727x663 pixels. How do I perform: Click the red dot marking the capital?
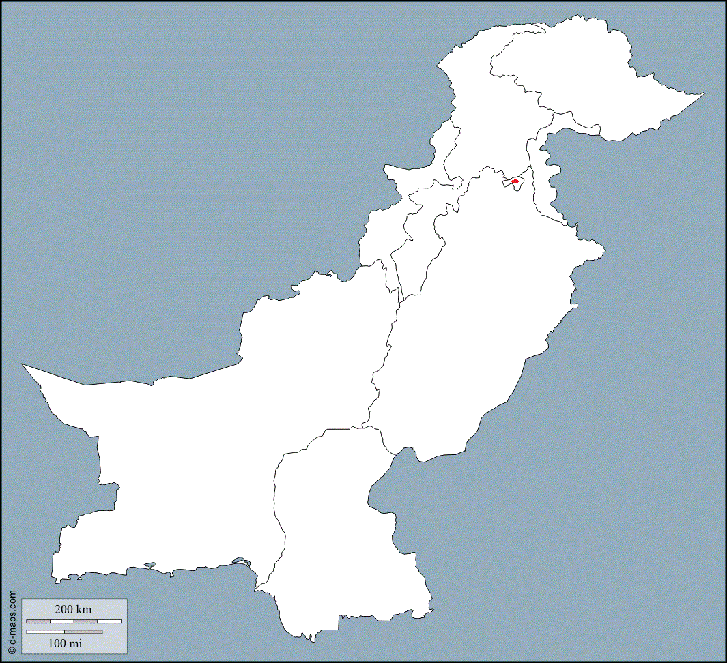tap(515, 181)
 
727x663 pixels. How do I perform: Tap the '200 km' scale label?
tap(73, 609)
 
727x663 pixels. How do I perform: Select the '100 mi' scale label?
tap(66, 643)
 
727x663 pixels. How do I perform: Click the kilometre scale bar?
tap(74, 621)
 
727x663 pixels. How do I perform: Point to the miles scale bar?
tap(64, 632)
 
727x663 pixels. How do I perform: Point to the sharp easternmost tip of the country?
tap(704, 93)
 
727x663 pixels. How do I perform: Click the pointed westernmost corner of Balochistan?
tap(23, 364)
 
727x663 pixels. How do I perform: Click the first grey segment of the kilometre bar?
tap(38, 621)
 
